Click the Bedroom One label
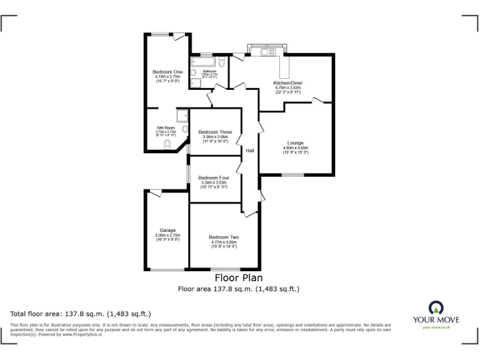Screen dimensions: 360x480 coord(167,72)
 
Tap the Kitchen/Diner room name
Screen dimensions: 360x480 coord(287,83)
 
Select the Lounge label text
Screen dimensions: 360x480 coord(296,142)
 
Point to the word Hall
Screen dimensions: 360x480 coord(249,151)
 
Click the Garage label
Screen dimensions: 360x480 coord(167,230)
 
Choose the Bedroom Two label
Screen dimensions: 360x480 coord(223,237)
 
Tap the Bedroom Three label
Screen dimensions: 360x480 coord(215,132)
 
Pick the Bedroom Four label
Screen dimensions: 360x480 coord(214,177)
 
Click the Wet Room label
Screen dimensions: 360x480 coord(166,127)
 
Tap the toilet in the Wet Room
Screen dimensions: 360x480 coord(167,144)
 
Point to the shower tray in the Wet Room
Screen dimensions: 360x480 coord(182,116)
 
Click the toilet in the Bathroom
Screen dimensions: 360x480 coord(222,63)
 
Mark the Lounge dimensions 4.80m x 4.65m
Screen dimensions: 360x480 coord(296,148)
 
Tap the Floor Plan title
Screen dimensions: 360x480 coord(239,278)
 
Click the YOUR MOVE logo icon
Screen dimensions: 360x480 coord(435,307)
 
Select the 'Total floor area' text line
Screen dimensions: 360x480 coord(81,314)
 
